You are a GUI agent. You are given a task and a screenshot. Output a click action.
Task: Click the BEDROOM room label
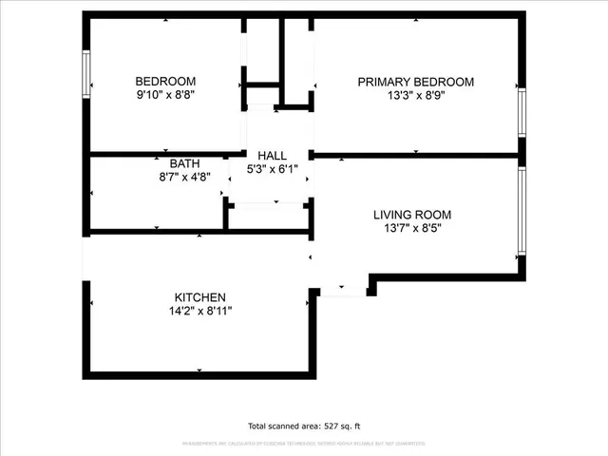(165, 81)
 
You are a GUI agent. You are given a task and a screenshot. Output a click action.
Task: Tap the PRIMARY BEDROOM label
(415, 82)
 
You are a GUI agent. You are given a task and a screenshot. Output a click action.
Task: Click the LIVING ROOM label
(411, 215)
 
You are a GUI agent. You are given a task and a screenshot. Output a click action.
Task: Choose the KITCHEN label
(199, 297)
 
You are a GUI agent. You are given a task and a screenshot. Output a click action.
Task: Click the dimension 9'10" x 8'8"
(165, 95)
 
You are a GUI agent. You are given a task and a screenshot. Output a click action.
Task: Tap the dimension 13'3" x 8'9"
(415, 96)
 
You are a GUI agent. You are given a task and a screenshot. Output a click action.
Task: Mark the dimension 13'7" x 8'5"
(411, 229)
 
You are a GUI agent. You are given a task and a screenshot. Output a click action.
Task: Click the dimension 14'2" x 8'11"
(199, 312)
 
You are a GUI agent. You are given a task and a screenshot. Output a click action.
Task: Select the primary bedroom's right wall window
(522, 113)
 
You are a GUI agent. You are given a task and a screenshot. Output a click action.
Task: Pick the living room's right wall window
(522, 211)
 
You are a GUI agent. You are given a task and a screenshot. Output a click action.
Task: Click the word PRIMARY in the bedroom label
(386, 82)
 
